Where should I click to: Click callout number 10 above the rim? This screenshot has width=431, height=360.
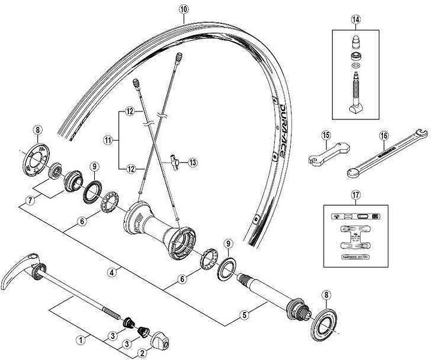(x=183, y=9)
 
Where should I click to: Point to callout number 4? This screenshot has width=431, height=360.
(x=112, y=272)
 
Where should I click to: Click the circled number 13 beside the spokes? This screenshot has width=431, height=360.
(x=193, y=161)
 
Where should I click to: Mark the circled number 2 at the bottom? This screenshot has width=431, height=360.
(x=142, y=354)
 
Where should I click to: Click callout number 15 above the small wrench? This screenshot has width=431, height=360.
(x=325, y=136)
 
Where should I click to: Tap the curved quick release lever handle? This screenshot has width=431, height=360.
(x=18, y=277)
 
